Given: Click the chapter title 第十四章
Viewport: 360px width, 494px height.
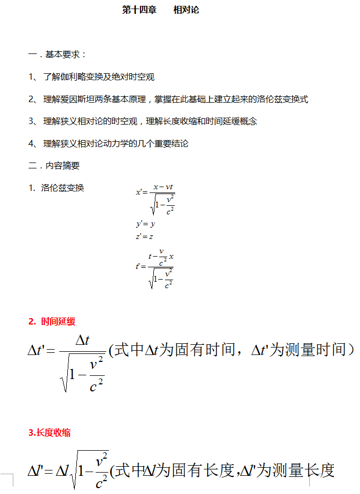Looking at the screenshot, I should [139, 10].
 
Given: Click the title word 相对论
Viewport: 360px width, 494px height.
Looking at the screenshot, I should [186, 10].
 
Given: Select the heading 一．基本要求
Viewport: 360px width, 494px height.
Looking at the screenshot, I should [57, 55].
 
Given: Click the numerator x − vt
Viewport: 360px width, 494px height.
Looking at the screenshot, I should [162, 187].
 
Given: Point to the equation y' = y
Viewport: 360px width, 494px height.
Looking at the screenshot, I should [145, 224].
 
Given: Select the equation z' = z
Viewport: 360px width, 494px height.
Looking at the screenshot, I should [145, 236].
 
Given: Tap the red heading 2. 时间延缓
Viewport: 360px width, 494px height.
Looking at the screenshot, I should [52, 321].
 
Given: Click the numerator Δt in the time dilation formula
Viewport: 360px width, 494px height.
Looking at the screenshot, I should [82, 340].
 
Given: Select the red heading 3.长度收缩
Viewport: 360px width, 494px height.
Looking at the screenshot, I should [49, 433].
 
